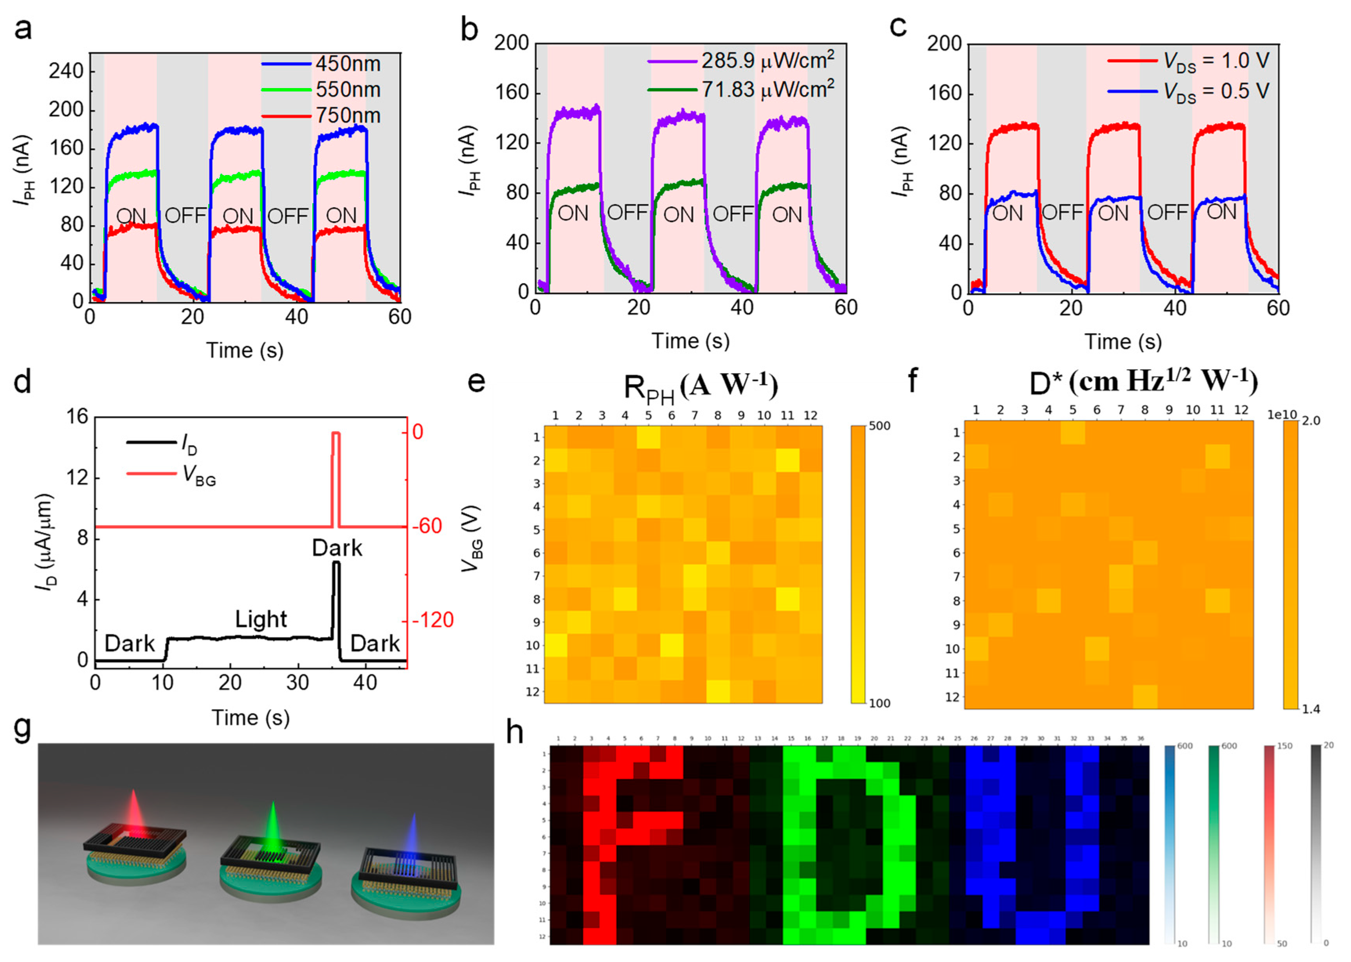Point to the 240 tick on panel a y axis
point(66,71)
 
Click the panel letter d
point(22,382)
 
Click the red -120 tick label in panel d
point(433,620)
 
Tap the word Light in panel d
point(261,619)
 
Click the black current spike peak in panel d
point(336,563)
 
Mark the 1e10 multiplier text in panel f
point(1281,415)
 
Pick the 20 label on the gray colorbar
point(1329,745)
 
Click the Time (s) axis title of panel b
point(690,341)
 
